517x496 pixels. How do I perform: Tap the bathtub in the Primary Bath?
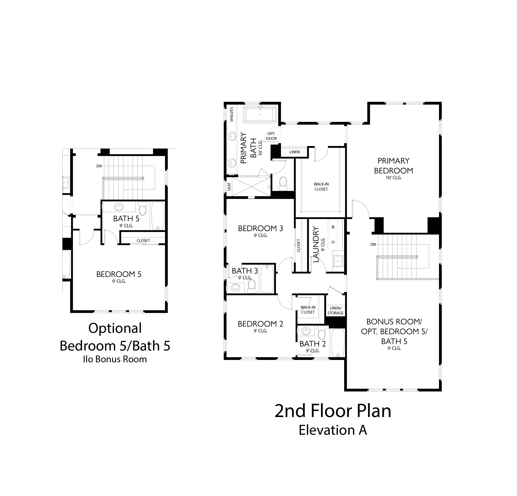(261, 114)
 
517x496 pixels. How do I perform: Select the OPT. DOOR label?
(271, 136)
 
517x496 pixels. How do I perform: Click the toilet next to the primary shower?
(283, 183)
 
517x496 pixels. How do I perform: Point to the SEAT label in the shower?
(229, 187)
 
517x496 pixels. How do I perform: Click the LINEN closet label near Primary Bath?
(295, 152)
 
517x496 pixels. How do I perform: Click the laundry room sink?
(338, 262)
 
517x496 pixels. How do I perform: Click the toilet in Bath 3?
(252, 286)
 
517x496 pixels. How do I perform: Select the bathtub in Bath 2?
(338, 343)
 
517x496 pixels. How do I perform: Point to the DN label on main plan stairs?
(373, 244)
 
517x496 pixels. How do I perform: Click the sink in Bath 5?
(119, 207)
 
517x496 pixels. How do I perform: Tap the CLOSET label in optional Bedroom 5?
(143, 241)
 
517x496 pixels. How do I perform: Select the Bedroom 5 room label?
(119, 274)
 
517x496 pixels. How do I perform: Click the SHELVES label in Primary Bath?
(232, 114)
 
